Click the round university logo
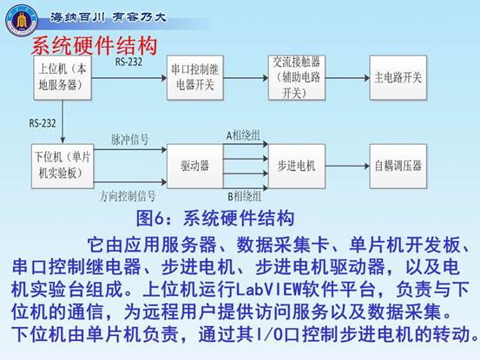(x=22, y=20)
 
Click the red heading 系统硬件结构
(x=94, y=46)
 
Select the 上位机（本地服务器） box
(x=62, y=77)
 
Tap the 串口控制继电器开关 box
(x=195, y=77)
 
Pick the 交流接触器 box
(x=297, y=77)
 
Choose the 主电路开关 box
(x=398, y=77)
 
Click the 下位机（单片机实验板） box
(x=62, y=166)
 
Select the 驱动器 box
(x=195, y=166)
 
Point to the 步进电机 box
(x=297, y=166)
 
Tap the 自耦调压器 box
(x=398, y=166)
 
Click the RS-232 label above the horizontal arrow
(x=128, y=62)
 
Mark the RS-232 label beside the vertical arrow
(x=43, y=123)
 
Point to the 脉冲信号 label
(x=130, y=140)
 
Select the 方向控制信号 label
(x=128, y=196)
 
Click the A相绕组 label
(x=243, y=135)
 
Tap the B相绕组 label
(x=245, y=196)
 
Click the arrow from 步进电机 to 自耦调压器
(x=347, y=167)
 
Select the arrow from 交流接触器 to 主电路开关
(x=347, y=78)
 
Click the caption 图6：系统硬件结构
(x=215, y=219)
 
